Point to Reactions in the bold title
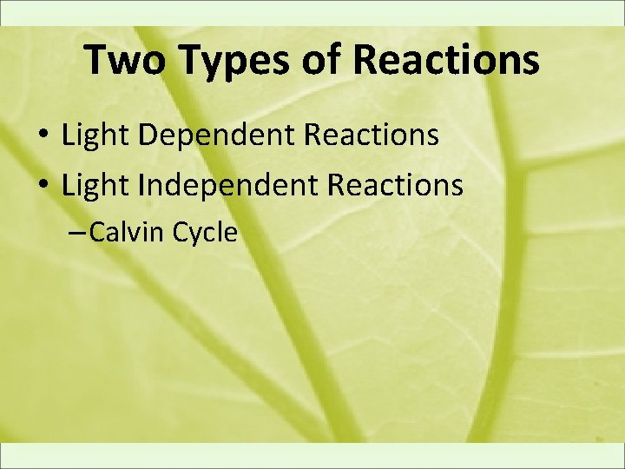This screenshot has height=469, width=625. [x=447, y=60]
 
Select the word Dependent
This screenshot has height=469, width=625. [x=205, y=135]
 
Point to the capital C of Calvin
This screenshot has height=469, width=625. [x=96, y=232]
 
